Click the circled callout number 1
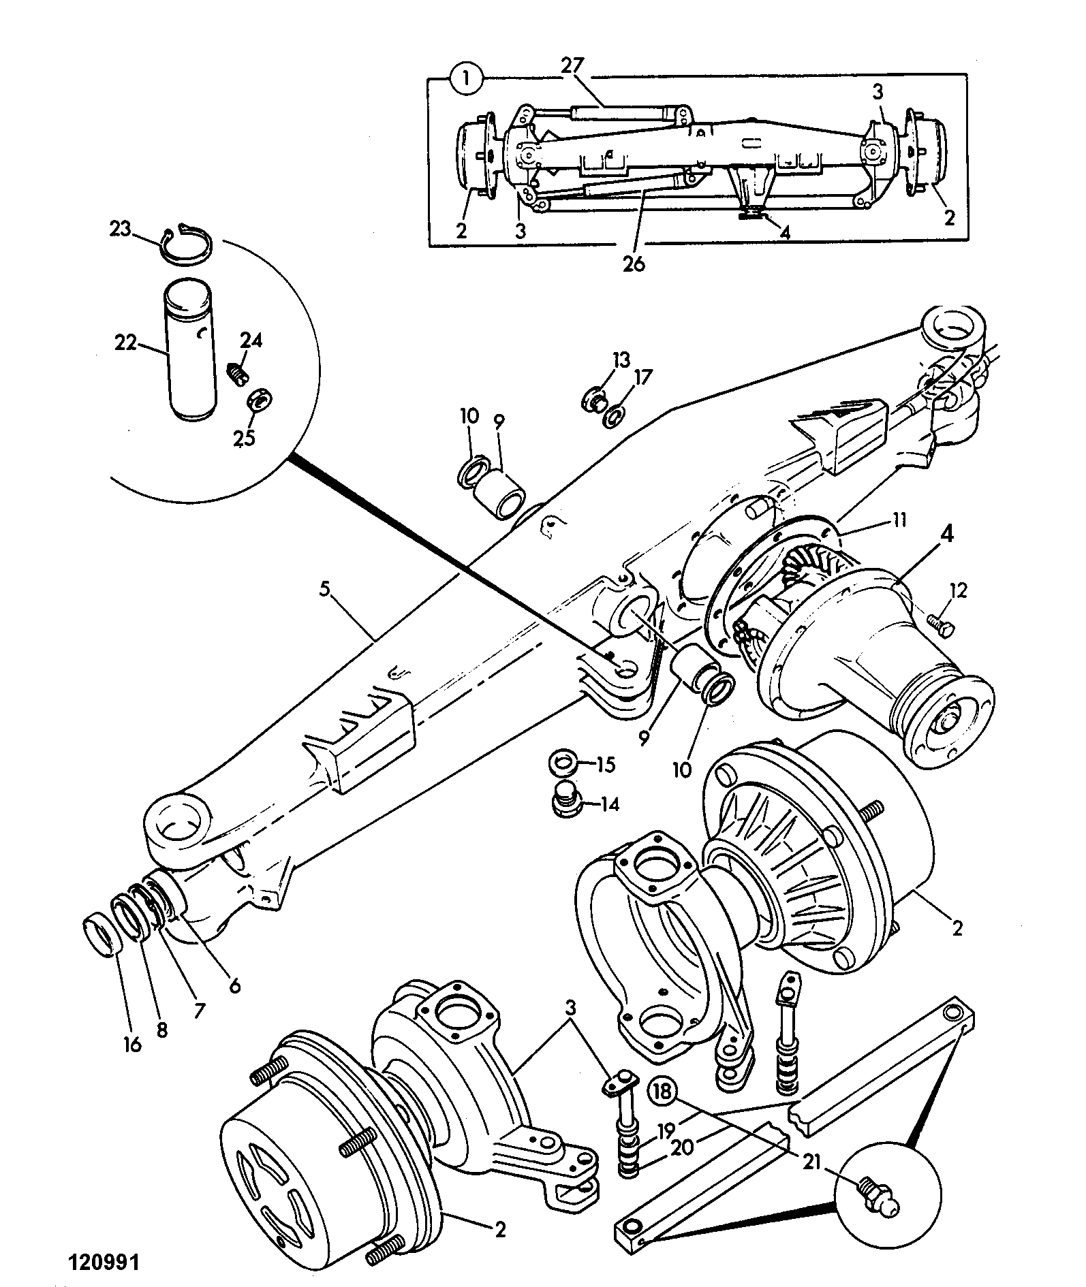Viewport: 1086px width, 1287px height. click(x=466, y=80)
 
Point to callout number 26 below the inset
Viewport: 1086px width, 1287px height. click(x=633, y=264)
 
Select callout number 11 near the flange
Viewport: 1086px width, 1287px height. click(x=899, y=520)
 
